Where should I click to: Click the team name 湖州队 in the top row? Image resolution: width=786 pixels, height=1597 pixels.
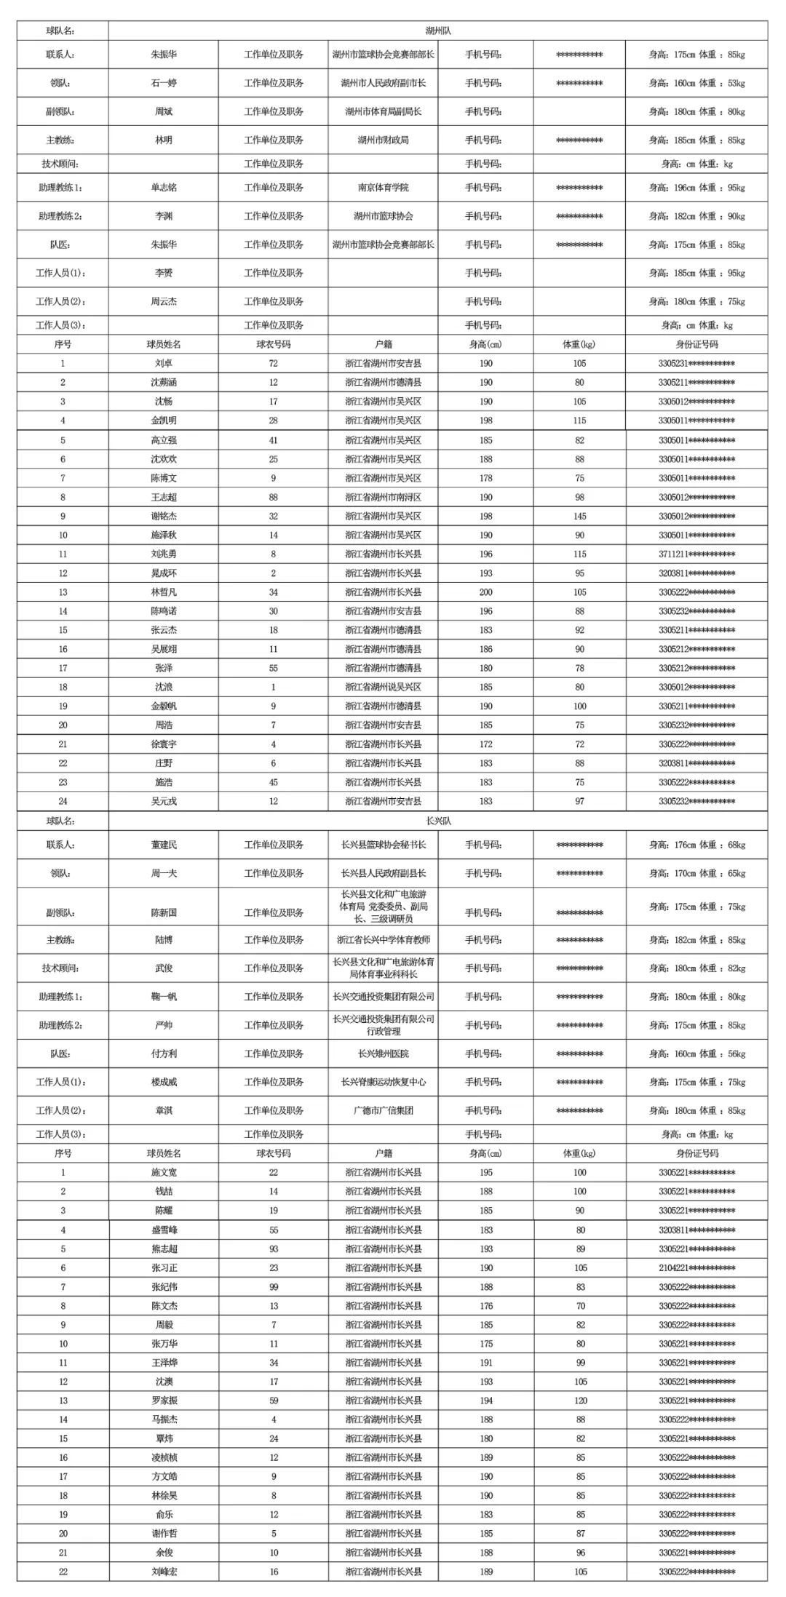click(x=438, y=31)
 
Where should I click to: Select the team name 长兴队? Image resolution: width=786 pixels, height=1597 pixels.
click(x=438, y=821)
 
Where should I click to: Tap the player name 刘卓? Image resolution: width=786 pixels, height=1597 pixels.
click(x=164, y=363)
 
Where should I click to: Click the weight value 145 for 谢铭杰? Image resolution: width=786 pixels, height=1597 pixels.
click(x=579, y=516)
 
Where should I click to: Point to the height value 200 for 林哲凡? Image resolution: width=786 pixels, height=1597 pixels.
click(x=485, y=592)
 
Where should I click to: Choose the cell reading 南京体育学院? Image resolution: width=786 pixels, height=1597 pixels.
click(x=383, y=188)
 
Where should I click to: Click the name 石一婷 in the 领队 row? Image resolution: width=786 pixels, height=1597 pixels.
click(x=164, y=83)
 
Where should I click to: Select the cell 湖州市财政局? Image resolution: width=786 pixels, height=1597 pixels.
click(x=383, y=140)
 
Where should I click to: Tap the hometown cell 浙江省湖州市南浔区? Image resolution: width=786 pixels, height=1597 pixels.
click(x=383, y=497)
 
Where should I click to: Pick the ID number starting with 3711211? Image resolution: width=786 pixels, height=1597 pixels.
click(x=696, y=554)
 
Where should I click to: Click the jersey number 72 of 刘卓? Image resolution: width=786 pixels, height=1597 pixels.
click(x=273, y=363)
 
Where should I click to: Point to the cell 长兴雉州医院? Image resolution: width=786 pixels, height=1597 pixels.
click(x=383, y=1054)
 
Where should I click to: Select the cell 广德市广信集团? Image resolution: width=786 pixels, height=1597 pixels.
click(x=383, y=1110)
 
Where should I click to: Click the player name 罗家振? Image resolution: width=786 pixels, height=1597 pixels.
click(x=164, y=1401)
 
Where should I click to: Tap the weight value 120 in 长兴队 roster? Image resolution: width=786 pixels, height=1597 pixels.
click(x=579, y=1401)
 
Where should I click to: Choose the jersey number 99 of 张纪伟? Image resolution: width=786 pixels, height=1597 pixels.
click(x=273, y=1286)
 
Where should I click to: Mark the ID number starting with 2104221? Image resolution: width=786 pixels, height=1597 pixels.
click(x=696, y=1267)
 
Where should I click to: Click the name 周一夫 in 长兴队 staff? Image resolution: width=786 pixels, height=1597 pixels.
click(x=164, y=873)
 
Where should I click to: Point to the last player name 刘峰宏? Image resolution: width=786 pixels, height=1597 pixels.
click(x=164, y=1572)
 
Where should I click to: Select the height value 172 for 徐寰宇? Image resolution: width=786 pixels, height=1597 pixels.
click(x=485, y=744)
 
